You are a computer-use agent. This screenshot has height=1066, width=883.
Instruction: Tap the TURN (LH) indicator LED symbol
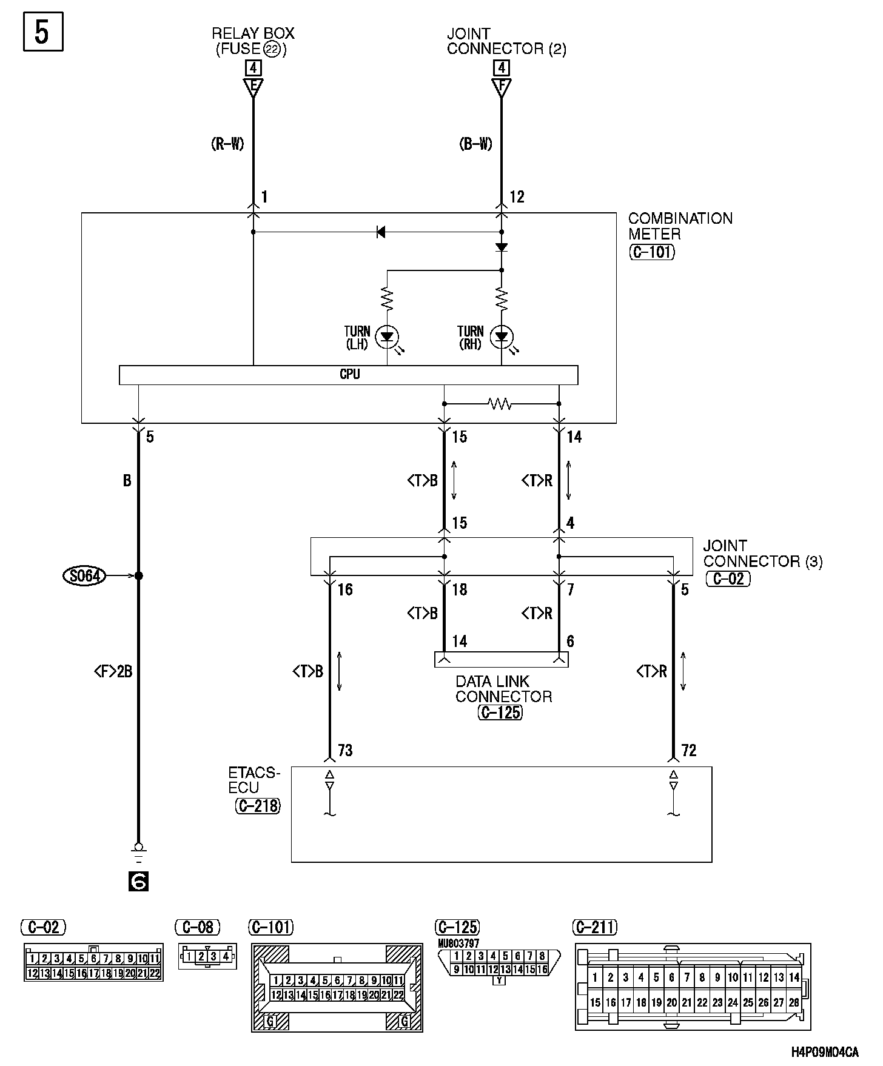click(x=387, y=337)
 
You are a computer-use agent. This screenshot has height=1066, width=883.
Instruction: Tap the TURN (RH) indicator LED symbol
click(x=502, y=337)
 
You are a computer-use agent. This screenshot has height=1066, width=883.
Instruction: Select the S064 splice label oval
click(x=84, y=575)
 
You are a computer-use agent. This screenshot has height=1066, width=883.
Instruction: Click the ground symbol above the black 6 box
click(x=138, y=853)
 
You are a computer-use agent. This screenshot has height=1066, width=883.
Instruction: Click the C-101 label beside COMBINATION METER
click(x=651, y=252)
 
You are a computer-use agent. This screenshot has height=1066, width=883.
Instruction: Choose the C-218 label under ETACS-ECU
click(x=258, y=805)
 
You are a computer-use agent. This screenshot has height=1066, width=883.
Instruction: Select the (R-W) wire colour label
click(x=227, y=144)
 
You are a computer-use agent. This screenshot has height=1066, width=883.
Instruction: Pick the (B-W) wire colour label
click(x=476, y=144)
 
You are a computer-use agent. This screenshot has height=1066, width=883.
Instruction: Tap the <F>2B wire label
click(x=113, y=671)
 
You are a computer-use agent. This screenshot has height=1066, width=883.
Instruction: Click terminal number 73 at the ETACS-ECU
click(x=345, y=751)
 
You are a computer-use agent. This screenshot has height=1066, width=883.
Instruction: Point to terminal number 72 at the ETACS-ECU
click(x=689, y=751)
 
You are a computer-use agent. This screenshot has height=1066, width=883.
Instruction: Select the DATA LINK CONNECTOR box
click(x=502, y=659)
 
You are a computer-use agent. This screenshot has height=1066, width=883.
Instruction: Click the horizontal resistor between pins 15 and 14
click(x=500, y=403)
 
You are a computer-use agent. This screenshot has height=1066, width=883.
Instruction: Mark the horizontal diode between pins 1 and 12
click(x=381, y=232)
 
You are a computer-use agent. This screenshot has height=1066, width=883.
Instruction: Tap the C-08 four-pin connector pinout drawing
click(x=207, y=957)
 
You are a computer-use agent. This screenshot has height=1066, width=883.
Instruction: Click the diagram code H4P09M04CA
click(x=825, y=1051)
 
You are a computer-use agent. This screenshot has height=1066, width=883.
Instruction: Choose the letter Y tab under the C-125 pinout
click(x=499, y=980)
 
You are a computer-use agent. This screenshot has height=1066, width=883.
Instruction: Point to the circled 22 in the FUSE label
click(x=273, y=50)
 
